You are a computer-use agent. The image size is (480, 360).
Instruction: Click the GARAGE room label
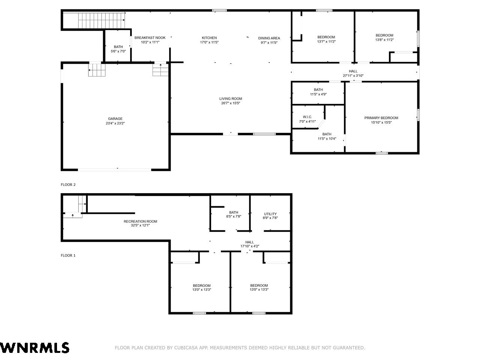tap(115, 119)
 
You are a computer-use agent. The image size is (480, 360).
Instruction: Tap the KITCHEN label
tap(209, 38)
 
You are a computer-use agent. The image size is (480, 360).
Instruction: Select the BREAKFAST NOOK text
tap(150, 37)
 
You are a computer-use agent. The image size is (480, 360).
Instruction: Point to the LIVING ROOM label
tap(231, 99)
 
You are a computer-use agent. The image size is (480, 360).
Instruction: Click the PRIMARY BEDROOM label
tap(381, 118)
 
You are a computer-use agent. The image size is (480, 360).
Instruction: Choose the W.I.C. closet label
tap(307, 117)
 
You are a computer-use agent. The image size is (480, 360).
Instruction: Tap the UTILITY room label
tap(270, 214)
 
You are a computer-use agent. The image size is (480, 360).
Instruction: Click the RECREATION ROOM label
tap(140, 221)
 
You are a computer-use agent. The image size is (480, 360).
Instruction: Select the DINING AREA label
tap(269, 38)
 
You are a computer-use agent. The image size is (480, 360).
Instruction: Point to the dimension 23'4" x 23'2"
tap(115, 123)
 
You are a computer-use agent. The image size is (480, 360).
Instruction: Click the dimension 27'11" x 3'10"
tap(353, 76)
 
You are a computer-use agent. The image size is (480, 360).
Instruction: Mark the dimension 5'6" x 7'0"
tap(118, 51)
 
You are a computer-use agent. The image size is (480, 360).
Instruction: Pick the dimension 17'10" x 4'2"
tap(249, 246)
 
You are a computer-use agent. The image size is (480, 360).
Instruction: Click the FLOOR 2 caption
tap(68, 184)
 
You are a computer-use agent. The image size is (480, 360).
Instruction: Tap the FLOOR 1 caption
tap(68, 255)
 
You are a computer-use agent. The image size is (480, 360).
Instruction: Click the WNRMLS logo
tap(34, 348)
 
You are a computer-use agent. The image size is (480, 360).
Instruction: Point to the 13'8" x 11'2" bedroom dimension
tap(384, 40)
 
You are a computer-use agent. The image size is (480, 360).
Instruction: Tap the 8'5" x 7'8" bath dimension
tap(234, 216)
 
